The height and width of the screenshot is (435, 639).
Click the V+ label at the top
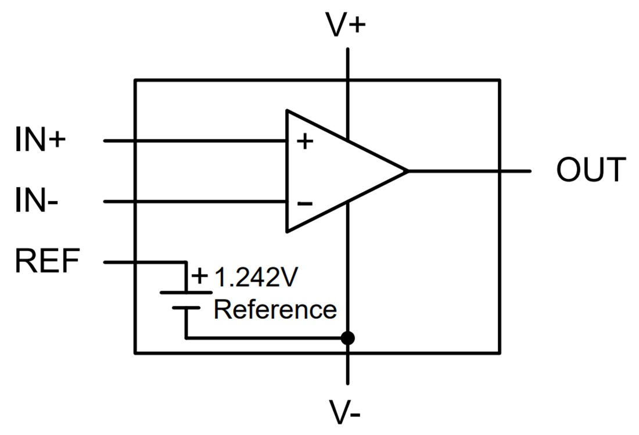coord(346,26)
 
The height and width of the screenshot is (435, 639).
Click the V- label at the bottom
coord(346,411)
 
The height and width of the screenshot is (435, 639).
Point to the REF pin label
coord(46,261)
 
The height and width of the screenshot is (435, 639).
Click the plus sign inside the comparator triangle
coord(304,142)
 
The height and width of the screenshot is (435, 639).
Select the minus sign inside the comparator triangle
coord(304,203)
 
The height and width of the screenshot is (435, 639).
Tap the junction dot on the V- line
coord(347,337)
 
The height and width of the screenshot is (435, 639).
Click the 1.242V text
coord(256,278)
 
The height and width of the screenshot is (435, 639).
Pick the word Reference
coord(275,309)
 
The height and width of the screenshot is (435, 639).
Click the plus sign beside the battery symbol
coord(199,275)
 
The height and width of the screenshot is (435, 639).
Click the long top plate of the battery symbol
coord(186,292)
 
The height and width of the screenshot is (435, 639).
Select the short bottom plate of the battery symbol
coord(186,308)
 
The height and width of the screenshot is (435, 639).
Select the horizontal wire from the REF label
coord(145,263)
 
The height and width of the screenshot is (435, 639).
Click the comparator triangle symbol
coord(331,171)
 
